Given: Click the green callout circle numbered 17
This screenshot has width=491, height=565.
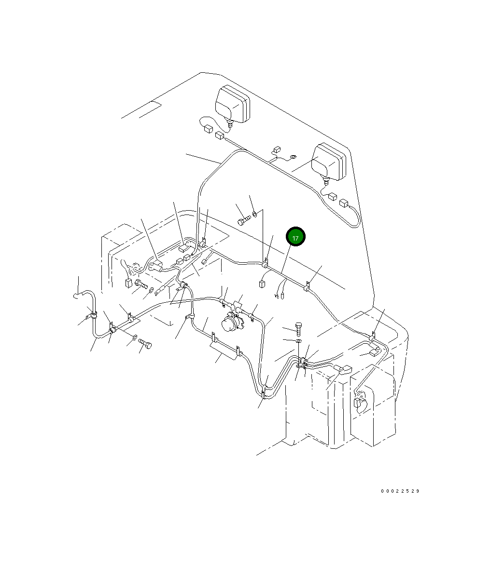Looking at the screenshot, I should (295, 237).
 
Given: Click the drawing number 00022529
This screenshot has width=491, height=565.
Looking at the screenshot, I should (400, 491).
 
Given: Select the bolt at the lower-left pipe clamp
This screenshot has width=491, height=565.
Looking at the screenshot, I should (145, 343).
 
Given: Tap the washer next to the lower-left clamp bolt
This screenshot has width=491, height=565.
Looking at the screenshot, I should (135, 337).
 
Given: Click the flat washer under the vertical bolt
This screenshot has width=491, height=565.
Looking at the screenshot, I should (299, 341).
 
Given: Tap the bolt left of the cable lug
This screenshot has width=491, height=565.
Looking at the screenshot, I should (140, 284).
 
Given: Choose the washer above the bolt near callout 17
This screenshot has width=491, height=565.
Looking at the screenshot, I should (255, 213).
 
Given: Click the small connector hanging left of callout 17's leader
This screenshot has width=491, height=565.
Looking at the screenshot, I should (262, 283).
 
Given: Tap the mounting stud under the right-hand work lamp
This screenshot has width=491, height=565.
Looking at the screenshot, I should (326, 181).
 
